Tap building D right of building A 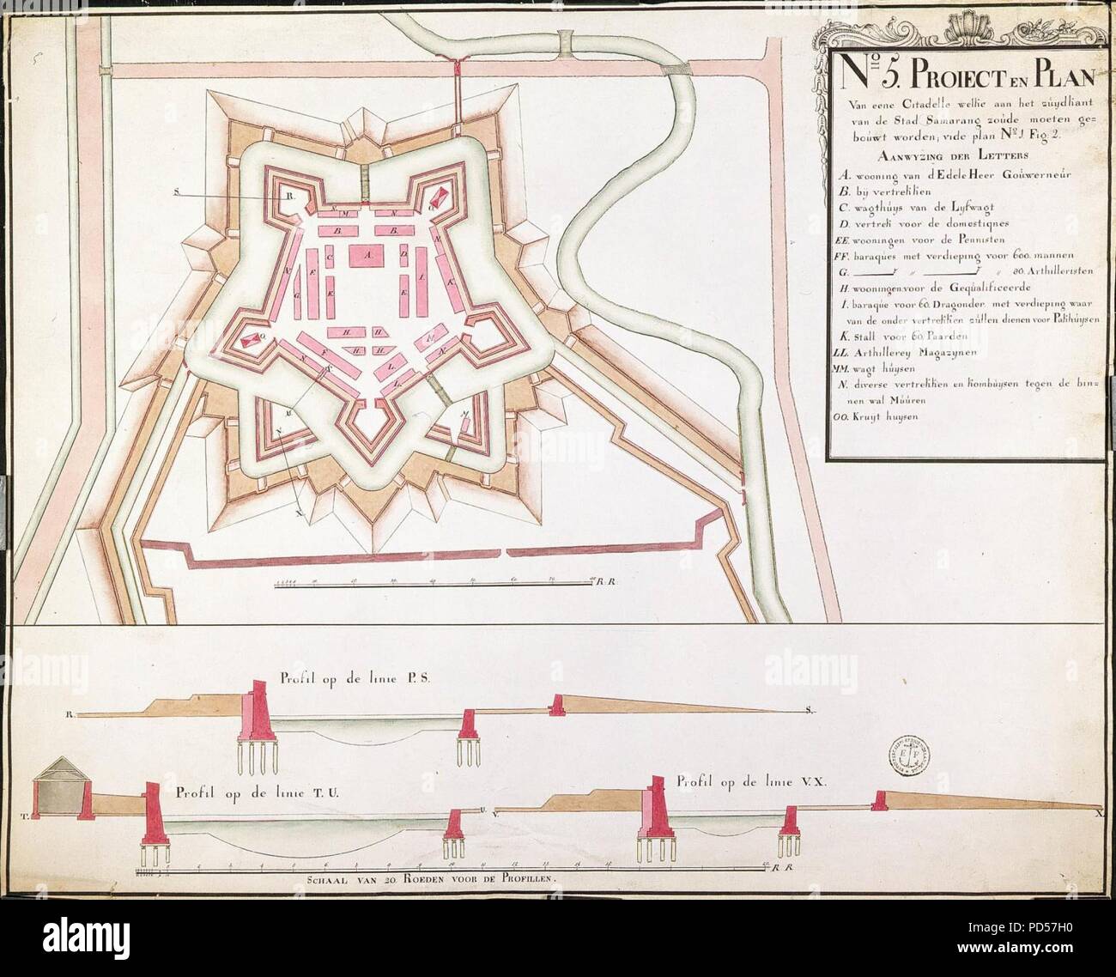403,255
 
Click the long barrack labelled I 422,280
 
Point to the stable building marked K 449,283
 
